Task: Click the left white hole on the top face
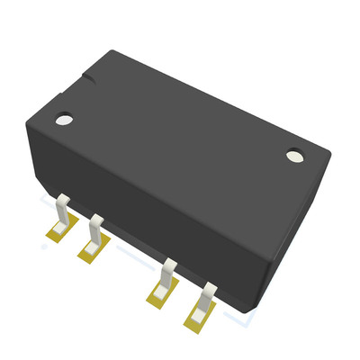pyautogui.click(x=63, y=118)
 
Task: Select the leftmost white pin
pyautogui.click(x=62, y=211)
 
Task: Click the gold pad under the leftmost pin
pyautogui.click(x=55, y=236)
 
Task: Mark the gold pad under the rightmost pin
pyautogui.click(x=197, y=318)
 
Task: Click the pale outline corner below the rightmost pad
pyautogui.click(x=243, y=328)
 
